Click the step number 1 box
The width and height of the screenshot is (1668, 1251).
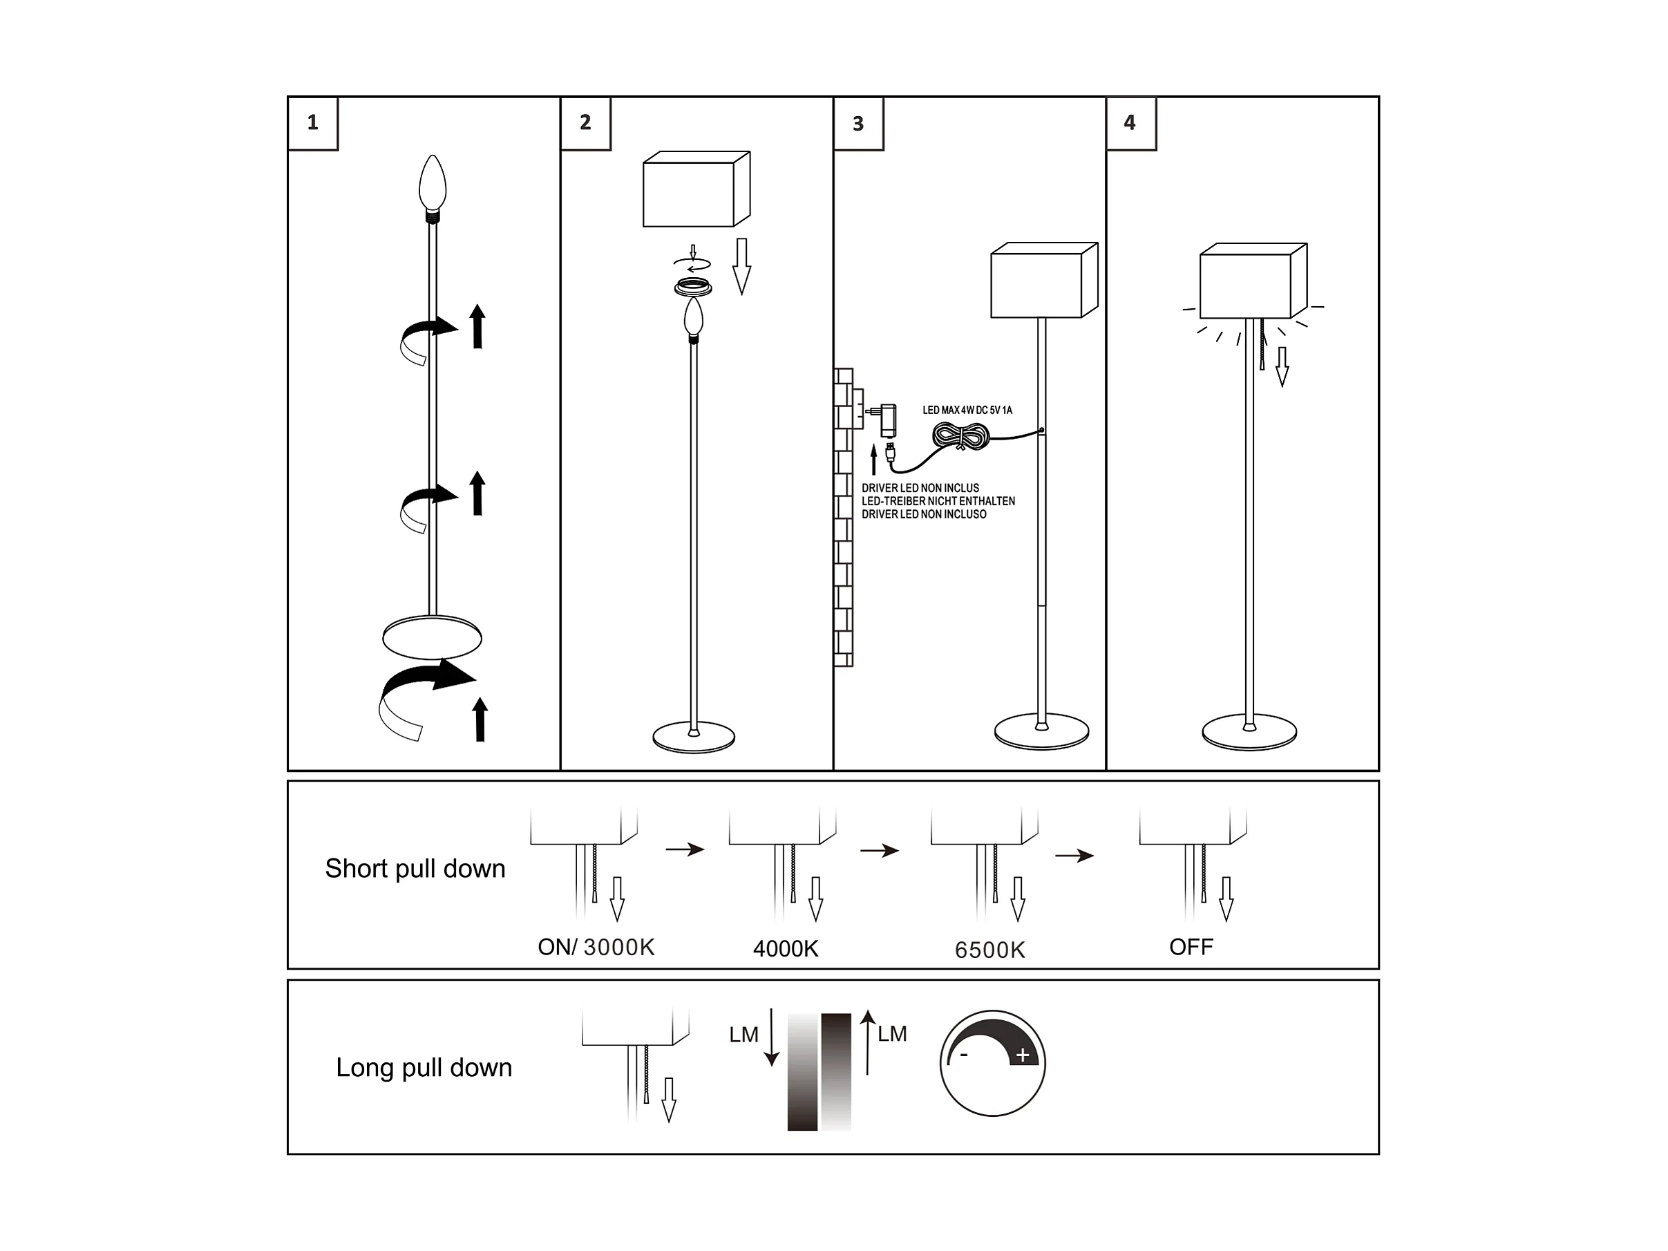tap(313, 124)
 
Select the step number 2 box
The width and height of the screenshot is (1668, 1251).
tap(586, 124)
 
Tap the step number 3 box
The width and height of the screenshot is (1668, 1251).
tap(859, 124)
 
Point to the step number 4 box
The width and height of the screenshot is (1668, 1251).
tap(1131, 124)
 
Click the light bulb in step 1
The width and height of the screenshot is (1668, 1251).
tap(433, 188)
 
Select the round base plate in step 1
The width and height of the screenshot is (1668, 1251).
tap(432, 638)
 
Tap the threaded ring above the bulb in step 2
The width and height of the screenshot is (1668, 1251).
tap(693, 287)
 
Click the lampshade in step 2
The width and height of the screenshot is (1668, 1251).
tap(696, 189)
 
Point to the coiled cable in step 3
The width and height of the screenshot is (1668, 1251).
tap(960, 436)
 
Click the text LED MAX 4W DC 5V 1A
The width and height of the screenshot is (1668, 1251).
tap(967, 411)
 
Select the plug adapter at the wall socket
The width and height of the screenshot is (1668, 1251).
tap(885, 420)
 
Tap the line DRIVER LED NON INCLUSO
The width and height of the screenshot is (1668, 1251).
tap(924, 514)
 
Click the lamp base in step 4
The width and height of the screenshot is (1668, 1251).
tap(1249, 732)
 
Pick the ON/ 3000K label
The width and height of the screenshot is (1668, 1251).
tap(596, 947)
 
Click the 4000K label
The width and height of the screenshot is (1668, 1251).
tap(786, 949)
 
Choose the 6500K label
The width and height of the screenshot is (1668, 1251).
tap(990, 950)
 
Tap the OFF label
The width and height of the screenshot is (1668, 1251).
tap(1191, 947)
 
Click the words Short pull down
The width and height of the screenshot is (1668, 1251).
tap(415, 869)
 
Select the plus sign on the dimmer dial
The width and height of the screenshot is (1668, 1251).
tap(1023, 1055)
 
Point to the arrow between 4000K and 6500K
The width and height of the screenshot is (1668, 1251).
tap(879, 851)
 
